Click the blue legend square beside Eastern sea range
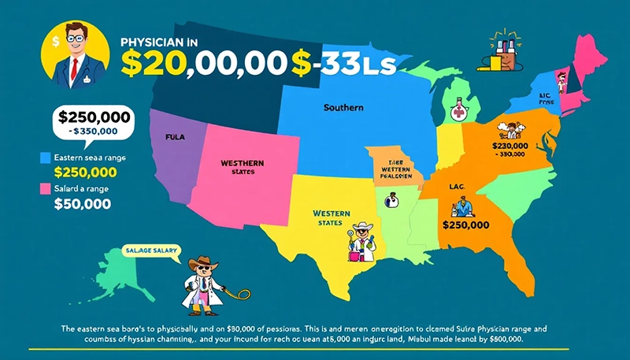(45, 158)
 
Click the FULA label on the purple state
(175, 137)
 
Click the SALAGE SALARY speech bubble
(152, 251)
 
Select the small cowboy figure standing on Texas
(361, 242)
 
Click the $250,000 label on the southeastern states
(466, 225)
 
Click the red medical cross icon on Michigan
(458, 112)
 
